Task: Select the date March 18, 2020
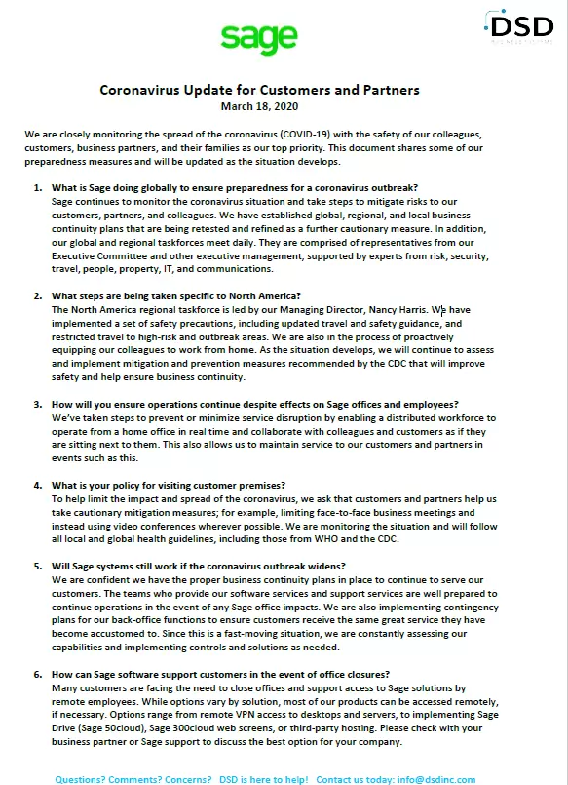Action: (x=259, y=106)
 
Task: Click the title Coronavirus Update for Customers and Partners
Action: (x=260, y=90)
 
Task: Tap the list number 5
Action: (x=37, y=567)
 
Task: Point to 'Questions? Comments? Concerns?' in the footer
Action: (x=133, y=780)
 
